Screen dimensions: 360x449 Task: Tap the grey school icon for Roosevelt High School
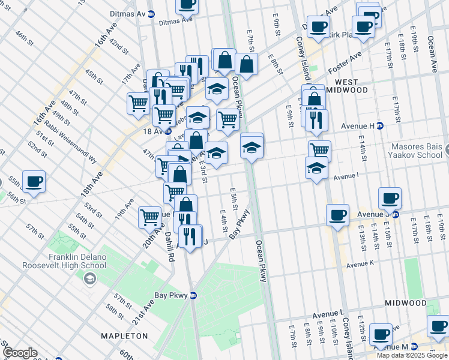(x=89, y=278)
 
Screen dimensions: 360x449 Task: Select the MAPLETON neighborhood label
(x=124, y=336)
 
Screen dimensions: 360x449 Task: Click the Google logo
(x=20, y=353)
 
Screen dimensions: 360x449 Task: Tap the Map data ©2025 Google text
(x=412, y=355)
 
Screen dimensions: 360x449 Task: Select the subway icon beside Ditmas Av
(x=151, y=13)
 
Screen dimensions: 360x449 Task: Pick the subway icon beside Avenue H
(x=379, y=125)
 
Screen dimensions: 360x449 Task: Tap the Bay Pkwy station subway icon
(x=193, y=295)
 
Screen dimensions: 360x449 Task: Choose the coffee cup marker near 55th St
(x=34, y=181)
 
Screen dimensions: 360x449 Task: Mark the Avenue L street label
(x=328, y=314)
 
